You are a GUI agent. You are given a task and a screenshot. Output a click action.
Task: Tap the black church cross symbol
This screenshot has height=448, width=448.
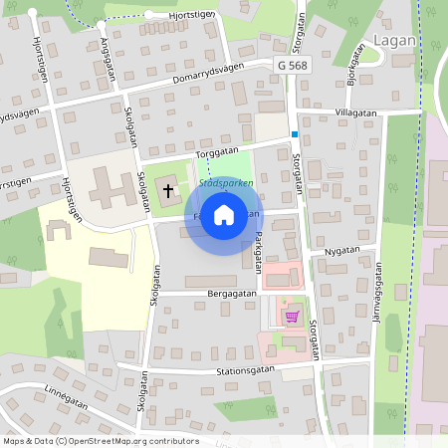pos(168,189)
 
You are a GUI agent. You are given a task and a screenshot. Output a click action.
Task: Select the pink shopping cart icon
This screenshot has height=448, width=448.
pos(292,317)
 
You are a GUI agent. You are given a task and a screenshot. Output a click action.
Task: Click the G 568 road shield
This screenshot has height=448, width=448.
pos(288,63)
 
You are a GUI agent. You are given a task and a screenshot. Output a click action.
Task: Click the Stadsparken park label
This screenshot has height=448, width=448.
pos(226,183)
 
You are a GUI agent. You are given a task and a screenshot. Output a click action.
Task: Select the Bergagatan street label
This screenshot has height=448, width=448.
pos(233,294)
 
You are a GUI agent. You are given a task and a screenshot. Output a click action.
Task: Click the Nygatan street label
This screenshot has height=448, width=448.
pos(340,253)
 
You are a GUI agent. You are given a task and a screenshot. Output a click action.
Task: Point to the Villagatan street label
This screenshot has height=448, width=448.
pos(356,113)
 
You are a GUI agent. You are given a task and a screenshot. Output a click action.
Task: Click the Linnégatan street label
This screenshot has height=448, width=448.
pos(69,398)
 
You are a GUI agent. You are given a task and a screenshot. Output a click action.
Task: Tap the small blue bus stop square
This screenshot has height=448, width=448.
pos(295,134)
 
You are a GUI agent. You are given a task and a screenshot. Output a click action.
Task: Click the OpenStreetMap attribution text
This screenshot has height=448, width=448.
pos(100,441)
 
